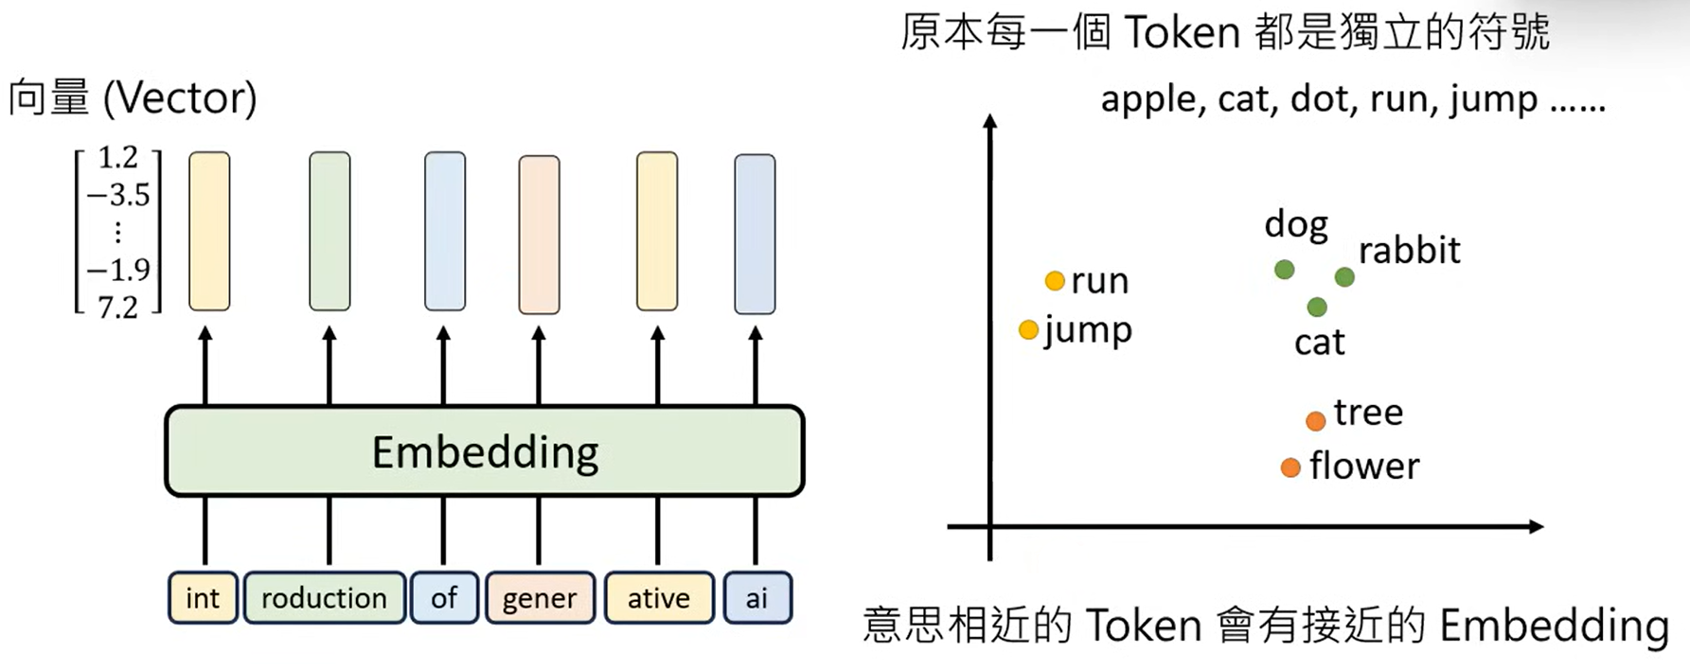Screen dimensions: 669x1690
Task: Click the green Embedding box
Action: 484,451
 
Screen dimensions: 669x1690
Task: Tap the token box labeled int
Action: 203,598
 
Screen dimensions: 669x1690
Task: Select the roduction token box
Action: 324,598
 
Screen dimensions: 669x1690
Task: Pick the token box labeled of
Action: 443,598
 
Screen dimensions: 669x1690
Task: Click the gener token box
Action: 540,598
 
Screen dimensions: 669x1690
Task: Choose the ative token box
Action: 658,598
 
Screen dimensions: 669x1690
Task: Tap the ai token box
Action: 756,598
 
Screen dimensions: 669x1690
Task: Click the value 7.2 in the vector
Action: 118,307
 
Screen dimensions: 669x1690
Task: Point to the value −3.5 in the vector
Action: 118,195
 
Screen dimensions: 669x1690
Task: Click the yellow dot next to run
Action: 1055,281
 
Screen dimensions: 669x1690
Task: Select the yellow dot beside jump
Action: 1028,329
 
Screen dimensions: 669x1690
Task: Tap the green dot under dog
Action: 1284,270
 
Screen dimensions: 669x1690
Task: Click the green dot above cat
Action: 1317,307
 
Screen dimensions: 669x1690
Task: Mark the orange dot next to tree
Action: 1315,420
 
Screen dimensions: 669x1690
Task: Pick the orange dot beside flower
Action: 1290,467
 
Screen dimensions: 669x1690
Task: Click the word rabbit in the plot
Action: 1409,251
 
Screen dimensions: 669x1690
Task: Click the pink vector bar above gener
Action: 539,235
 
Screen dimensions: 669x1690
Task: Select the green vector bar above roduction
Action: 329,231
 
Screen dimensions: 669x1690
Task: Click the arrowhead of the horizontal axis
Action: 1536,526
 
